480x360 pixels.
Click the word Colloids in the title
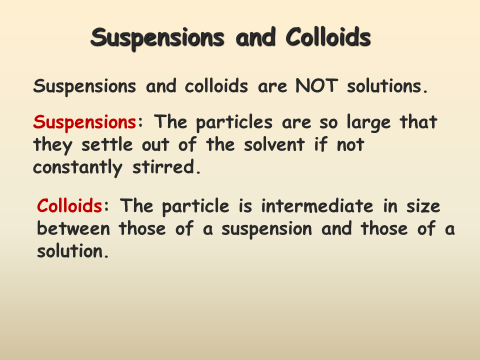coord(328,37)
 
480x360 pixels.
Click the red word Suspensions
coord(84,122)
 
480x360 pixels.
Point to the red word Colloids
coord(69,206)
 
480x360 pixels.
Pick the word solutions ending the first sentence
coord(387,86)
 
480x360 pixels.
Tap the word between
coord(74,229)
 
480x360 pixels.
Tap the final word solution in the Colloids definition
coord(72,251)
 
